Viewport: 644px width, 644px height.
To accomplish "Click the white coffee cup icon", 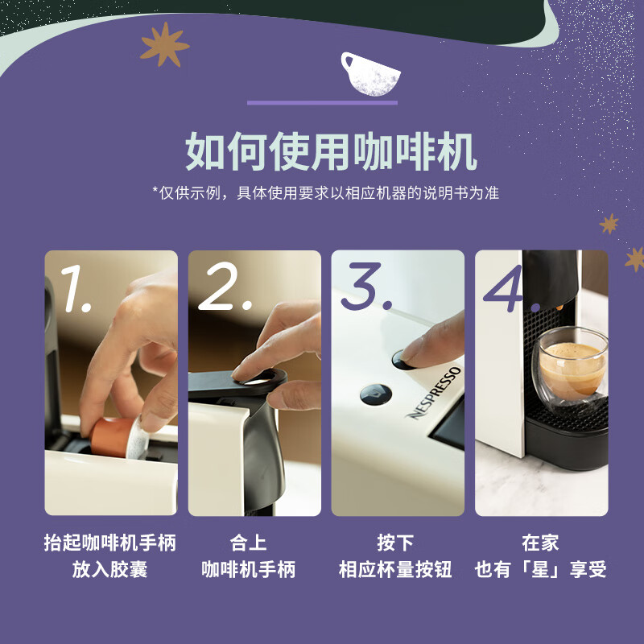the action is tap(369, 75).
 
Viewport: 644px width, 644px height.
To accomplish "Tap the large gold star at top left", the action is tap(164, 44).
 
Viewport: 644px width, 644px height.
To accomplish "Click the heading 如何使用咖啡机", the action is tap(331, 151).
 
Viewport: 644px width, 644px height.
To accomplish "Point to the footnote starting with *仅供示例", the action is tap(326, 192).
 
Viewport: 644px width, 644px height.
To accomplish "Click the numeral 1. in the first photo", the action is tap(76, 288).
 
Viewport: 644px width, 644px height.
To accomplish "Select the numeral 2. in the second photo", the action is tap(225, 287).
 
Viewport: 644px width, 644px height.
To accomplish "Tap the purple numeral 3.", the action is tap(366, 287).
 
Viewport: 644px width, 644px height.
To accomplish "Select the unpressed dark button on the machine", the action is tap(375, 394).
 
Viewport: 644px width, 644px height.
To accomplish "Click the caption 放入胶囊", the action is tap(109, 569).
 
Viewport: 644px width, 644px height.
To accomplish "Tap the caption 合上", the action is tap(248, 543).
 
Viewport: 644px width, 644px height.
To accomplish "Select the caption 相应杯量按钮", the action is tap(395, 569).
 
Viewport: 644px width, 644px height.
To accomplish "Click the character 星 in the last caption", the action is tap(540, 569).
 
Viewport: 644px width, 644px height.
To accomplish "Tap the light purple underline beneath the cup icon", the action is tap(322, 103).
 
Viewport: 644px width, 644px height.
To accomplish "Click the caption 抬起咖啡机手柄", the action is tap(110, 543).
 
